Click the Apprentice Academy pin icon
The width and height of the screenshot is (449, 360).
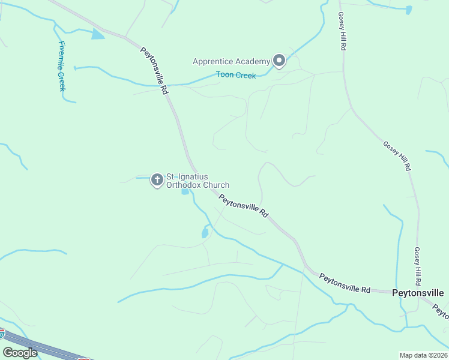(x=279, y=60)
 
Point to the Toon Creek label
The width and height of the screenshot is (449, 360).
(x=236, y=76)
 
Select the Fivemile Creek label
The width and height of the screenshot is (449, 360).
(x=62, y=66)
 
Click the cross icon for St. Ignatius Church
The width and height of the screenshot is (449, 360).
(x=157, y=179)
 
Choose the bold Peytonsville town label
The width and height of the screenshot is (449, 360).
(x=418, y=293)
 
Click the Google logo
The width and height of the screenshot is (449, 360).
(x=20, y=352)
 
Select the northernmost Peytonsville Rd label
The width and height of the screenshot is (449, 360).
(x=154, y=70)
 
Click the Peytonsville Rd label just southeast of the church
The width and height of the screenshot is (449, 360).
(x=243, y=206)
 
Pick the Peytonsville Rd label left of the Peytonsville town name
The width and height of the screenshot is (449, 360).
(x=345, y=283)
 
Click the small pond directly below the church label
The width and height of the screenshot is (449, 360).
(x=185, y=191)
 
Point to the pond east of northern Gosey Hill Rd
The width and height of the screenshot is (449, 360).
(x=409, y=10)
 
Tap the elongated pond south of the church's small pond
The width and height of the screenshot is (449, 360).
(x=205, y=232)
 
